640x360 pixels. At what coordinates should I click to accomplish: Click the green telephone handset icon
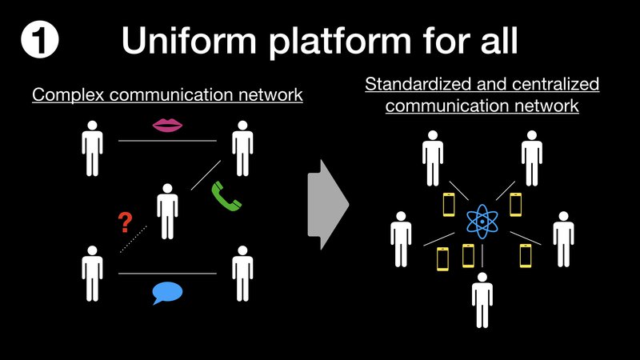226,196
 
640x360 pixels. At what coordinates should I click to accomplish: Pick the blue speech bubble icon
168,294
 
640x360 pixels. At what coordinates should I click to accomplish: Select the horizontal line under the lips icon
167,141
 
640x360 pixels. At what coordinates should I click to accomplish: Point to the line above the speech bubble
167,274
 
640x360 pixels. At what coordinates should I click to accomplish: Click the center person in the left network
167,210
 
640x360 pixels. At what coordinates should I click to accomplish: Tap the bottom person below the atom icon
482,299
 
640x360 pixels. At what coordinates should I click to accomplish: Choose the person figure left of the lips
94,148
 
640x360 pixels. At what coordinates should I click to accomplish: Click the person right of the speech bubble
242,273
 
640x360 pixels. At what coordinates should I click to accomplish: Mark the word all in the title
495,41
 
